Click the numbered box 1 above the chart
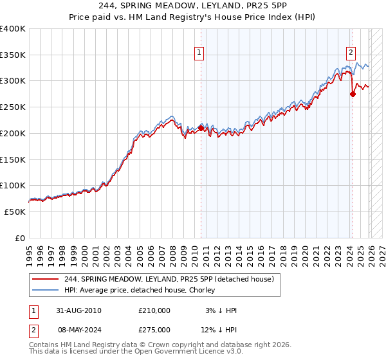pyautogui.click(x=199, y=53)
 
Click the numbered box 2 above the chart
pyautogui.click(x=351, y=53)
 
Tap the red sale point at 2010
pyautogui.click(x=201, y=128)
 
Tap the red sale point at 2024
pyautogui.click(x=353, y=94)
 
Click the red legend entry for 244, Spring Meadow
pyautogui.click(x=169, y=279)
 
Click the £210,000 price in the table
pyautogui.click(x=154, y=310)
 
